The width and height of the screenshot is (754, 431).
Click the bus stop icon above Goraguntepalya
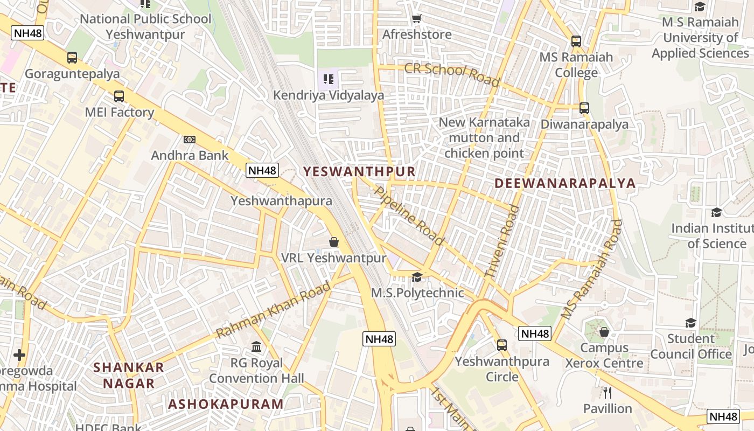point(72,58)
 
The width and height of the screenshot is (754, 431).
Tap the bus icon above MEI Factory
point(119,96)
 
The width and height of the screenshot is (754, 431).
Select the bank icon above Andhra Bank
point(189,140)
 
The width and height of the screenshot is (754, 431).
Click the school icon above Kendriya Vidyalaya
point(329,80)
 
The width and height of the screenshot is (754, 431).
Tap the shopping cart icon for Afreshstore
point(416,19)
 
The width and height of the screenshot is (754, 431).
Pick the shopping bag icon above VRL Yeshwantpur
point(334,242)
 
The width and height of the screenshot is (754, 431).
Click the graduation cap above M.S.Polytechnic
point(417,277)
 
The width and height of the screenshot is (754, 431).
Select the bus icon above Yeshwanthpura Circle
point(502,345)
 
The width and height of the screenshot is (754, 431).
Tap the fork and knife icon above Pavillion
point(608,392)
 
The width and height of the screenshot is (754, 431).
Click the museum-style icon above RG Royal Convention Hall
point(256,346)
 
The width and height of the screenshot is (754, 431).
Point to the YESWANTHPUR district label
point(359,172)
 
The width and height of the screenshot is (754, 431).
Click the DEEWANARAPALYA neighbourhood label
point(565,183)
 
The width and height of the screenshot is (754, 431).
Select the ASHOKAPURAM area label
point(226,404)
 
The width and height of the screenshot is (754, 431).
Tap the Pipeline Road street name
point(409,215)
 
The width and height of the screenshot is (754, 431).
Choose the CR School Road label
point(452,74)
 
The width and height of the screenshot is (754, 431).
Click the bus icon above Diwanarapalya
point(584,108)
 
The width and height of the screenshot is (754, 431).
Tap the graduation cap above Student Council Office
point(690,323)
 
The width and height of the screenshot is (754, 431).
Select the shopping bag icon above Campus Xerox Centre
point(604,332)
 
